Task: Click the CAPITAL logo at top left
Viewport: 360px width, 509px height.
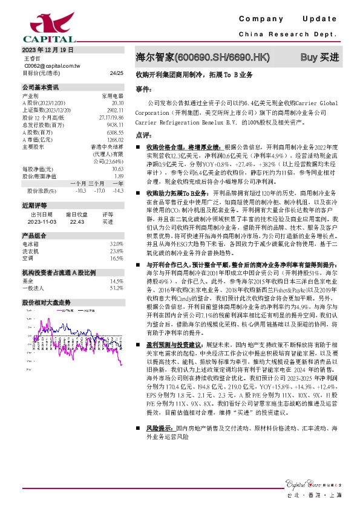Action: point(39,24)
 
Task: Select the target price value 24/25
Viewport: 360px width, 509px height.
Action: point(116,73)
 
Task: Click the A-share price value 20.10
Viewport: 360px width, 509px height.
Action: point(117,103)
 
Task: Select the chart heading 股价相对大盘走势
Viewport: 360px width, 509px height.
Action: point(47,302)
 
